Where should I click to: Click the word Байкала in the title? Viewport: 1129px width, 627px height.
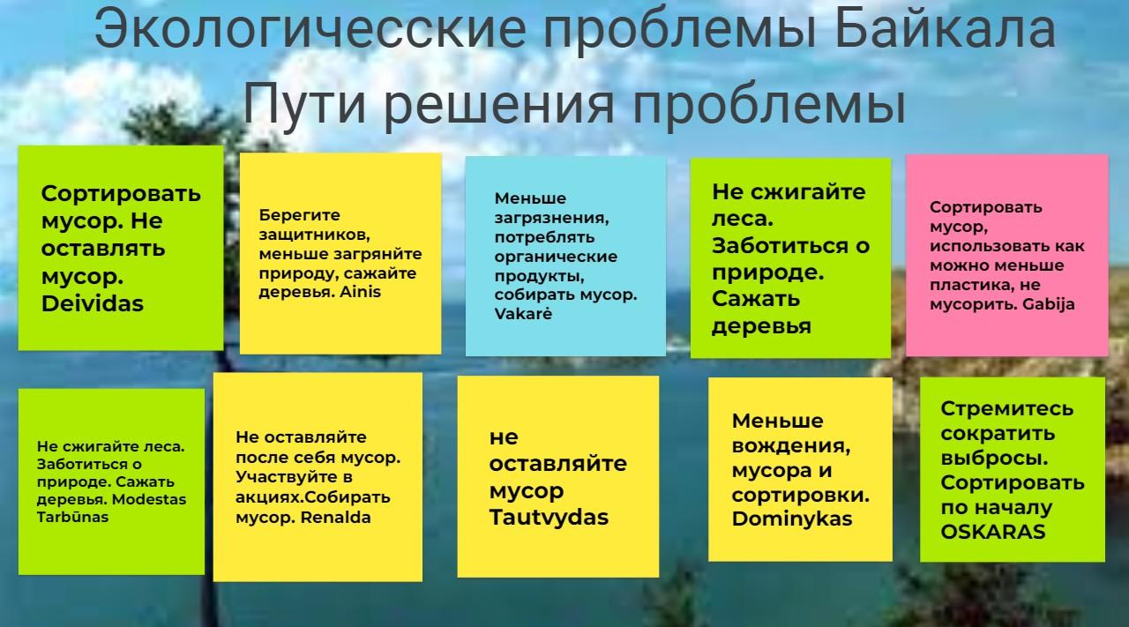[x=945, y=30]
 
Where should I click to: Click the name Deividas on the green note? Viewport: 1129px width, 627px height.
[x=93, y=304]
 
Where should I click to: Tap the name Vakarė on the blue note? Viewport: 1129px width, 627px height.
[x=523, y=314]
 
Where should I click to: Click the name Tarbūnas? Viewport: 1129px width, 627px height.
[x=72, y=517]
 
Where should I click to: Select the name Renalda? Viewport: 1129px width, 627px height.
[x=336, y=518]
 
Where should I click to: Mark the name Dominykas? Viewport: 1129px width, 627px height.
[x=792, y=519]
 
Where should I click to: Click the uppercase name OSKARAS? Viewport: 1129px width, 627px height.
[x=993, y=533]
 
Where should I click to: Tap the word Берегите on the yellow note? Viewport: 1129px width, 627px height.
[x=299, y=215]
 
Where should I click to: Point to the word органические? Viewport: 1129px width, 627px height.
[x=556, y=257]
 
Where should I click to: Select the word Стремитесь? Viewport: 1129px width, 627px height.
[x=1007, y=409]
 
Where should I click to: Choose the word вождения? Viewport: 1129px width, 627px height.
[x=791, y=446]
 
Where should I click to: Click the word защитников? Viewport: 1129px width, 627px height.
[x=315, y=235]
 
